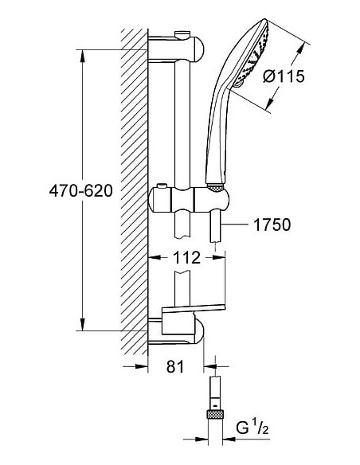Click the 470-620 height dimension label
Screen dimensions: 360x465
[x=80, y=190]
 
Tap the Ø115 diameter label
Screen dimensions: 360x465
[x=284, y=76]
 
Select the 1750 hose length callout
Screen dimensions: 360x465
[x=272, y=225]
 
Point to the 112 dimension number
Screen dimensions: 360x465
[x=186, y=257]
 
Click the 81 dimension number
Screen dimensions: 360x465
[x=175, y=366]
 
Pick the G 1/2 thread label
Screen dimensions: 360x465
[x=252, y=428]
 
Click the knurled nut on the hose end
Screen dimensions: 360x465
[x=215, y=414]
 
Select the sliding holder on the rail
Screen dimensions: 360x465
[x=189, y=199]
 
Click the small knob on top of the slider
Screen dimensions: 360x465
[x=162, y=186]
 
